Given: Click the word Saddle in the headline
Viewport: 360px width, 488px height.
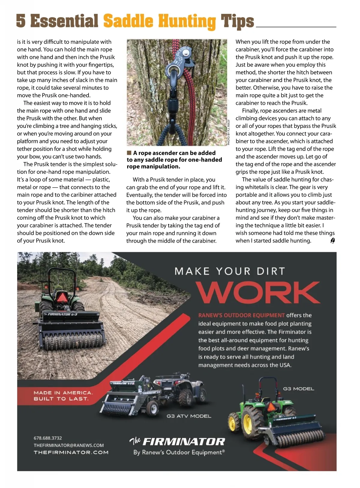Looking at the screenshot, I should (128, 21).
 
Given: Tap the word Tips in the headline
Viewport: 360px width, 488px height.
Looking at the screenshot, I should (237, 21).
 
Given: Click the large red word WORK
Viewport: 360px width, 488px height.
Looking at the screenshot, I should (258, 293).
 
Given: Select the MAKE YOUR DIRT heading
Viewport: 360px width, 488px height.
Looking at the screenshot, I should (229, 271).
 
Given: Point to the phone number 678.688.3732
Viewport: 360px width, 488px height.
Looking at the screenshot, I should (48, 438).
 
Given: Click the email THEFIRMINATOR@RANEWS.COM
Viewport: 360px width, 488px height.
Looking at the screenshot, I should (69, 445).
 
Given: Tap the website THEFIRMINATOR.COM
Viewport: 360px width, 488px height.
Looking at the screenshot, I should (71, 453).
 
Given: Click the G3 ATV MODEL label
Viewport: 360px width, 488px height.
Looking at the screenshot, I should (189, 416).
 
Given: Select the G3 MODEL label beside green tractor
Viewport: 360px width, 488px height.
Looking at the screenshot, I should (298, 389).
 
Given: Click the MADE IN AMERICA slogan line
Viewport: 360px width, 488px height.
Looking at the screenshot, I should (63, 393).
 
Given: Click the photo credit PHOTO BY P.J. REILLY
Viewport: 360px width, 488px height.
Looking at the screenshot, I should (229, 132).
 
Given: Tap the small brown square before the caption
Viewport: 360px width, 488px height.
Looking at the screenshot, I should (129, 153).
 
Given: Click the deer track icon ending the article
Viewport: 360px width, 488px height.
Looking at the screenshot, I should (332, 241).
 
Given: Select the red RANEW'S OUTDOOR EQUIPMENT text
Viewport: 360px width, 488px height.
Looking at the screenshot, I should (241, 315).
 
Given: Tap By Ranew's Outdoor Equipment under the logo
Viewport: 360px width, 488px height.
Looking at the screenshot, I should (179, 452).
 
